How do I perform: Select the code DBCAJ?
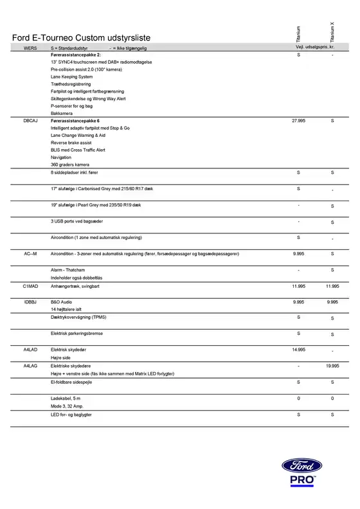[x=31, y=120]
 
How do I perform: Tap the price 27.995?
[x=298, y=120]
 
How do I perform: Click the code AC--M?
[x=30, y=254]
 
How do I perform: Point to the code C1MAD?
[x=31, y=285]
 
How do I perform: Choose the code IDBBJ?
[x=30, y=301]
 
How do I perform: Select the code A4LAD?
[x=30, y=350]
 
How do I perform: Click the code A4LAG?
[x=30, y=366]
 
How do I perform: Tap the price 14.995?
[x=298, y=350]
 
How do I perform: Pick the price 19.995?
[x=332, y=366]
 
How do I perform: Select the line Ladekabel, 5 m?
[x=66, y=399]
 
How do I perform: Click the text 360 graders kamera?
[x=69, y=165]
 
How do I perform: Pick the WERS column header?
[x=30, y=48]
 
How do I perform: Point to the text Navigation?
[x=61, y=157]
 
